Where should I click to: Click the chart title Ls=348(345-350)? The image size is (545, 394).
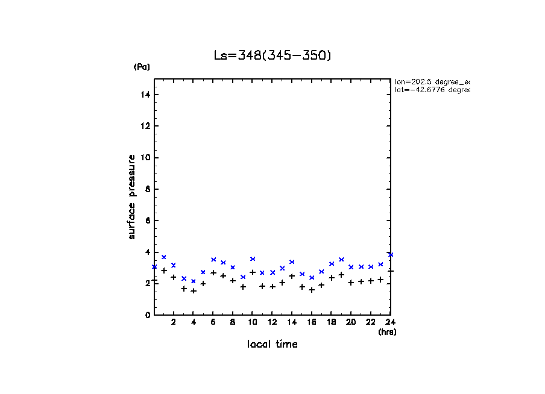click(272, 55)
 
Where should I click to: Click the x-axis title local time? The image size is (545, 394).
click(272, 345)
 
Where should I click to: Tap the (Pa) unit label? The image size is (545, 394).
click(142, 67)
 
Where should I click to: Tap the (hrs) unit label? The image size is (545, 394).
click(387, 332)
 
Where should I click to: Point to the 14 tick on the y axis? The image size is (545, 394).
click(146, 95)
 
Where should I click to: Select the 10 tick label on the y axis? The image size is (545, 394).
click(146, 158)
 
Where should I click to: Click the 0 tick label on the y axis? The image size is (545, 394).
click(148, 315)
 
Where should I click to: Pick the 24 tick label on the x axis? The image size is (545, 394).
click(391, 323)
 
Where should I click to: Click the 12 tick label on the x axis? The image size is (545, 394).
click(272, 323)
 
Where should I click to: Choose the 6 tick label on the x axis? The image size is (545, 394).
click(213, 323)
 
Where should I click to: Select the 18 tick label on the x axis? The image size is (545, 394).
click(332, 323)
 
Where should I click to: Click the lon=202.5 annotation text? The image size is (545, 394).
click(432, 81)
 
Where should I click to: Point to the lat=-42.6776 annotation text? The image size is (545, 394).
click(432, 90)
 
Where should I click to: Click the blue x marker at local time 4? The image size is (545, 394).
click(194, 281)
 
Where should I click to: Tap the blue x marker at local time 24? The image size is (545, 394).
click(391, 254)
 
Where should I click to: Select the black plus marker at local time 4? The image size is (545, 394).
click(194, 291)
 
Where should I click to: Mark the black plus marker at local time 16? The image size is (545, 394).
click(312, 290)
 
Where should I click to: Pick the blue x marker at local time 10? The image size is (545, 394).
click(253, 259)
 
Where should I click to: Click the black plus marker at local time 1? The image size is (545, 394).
click(164, 270)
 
